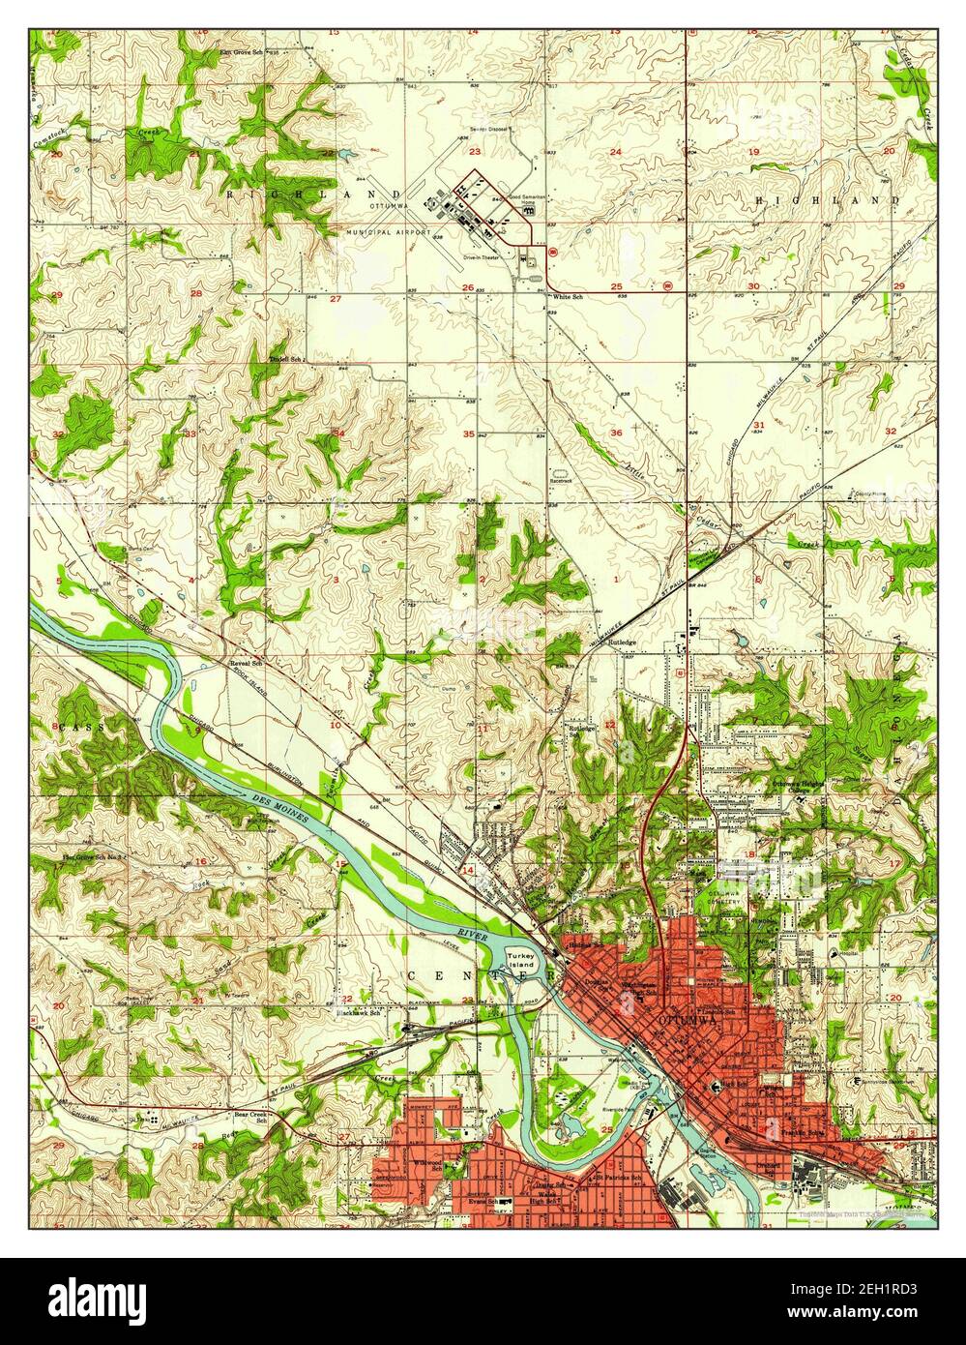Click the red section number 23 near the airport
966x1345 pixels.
[x=475, y=152]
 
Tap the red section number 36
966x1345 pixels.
[x=616, y=433]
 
